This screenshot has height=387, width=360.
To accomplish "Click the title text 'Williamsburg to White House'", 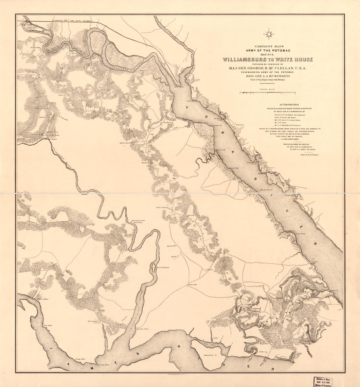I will (x=268, y=59).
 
